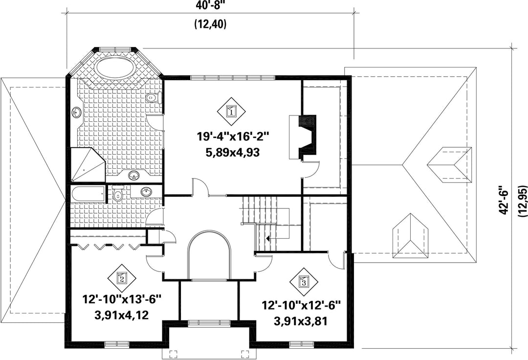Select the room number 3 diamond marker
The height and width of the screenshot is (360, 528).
coord(304,282)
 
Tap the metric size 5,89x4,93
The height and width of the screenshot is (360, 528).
coord(233,153)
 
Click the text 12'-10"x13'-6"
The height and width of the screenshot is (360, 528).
coord(122,299)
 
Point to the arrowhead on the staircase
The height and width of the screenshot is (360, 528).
coord(268,238)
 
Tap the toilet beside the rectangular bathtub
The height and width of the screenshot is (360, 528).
coord(118,193)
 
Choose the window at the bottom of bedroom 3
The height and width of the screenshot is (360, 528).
coord(301,344)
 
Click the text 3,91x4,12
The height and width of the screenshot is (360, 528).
coord(122,315)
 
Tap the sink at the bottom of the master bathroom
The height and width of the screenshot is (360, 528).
coord(134,175)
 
